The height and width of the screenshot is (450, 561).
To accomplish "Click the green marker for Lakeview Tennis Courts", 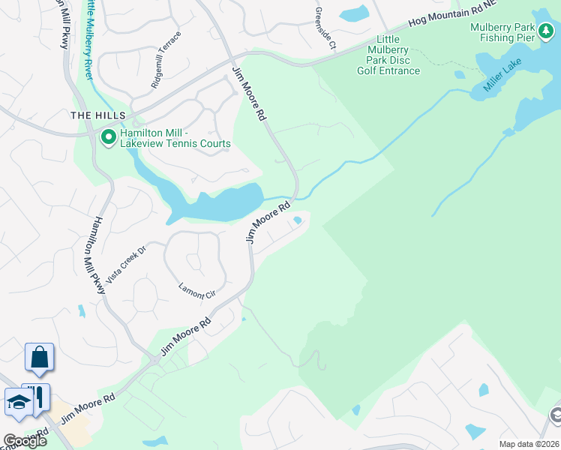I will tap(108, 136).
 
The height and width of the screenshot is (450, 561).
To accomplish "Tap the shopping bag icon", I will tap(39, 357).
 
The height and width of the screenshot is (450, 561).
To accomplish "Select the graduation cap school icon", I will tap(19, 401).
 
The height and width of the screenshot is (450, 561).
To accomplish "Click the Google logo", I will tap(24, 441).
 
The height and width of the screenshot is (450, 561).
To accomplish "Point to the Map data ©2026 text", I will tap(529, 444).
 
